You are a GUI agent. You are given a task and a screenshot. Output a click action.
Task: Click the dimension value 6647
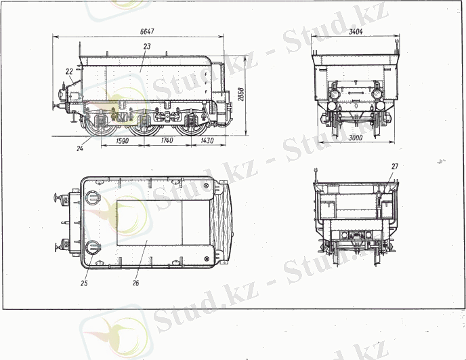point(147,31)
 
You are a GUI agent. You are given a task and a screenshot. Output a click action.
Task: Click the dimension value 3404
point(356,32)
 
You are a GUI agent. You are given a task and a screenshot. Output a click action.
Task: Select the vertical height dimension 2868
point(240,94)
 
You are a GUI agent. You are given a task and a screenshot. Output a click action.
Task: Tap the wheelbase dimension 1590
point(122,140)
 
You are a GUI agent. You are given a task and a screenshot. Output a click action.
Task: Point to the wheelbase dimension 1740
point(167,140)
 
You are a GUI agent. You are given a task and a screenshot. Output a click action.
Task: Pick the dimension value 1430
point(207,140)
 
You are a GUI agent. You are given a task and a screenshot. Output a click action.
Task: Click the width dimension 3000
point(356,138)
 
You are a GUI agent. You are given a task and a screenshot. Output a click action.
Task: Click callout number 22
point(69,72)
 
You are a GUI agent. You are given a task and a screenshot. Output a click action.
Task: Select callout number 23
point(147,46)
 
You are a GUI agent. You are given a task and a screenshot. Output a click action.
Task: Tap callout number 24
point(80,148)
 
